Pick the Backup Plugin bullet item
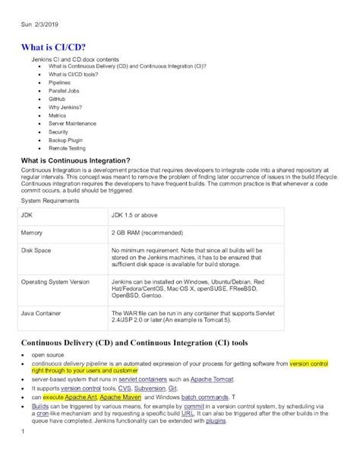66,140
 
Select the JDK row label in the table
28,215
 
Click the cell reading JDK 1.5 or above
138,215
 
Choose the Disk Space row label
36,249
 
